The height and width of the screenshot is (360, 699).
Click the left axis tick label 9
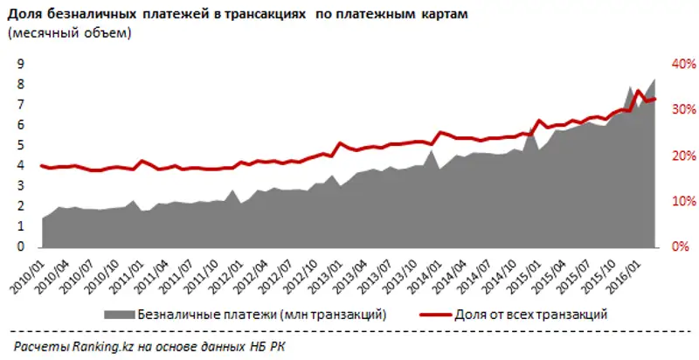pos(18,64)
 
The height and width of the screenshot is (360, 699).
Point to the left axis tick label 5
pos(18,145)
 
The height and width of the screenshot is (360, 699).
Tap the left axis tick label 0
pos(18,247)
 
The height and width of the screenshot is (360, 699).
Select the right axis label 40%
pos(682,64)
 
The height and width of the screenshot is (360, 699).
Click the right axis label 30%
pos(682,110)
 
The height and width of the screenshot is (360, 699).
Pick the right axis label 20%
pos(682,156)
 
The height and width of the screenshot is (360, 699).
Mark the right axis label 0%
pos(684,247)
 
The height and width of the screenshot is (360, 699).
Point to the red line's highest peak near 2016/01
pos(639,91)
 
